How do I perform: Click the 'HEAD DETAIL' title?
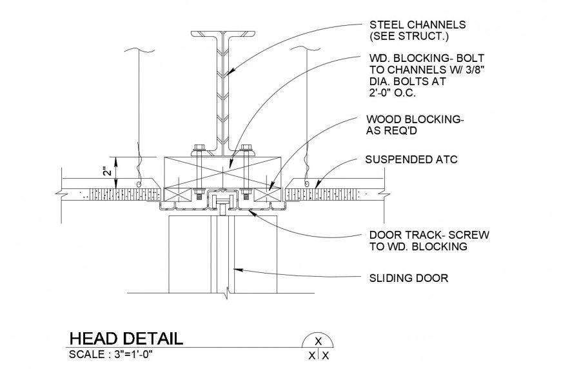pyautogui.click(x=126, y=339)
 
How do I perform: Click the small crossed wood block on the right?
pyautogui.click(x=265, y=194)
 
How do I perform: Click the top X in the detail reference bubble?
pyautogui.click(x=317, y=342)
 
